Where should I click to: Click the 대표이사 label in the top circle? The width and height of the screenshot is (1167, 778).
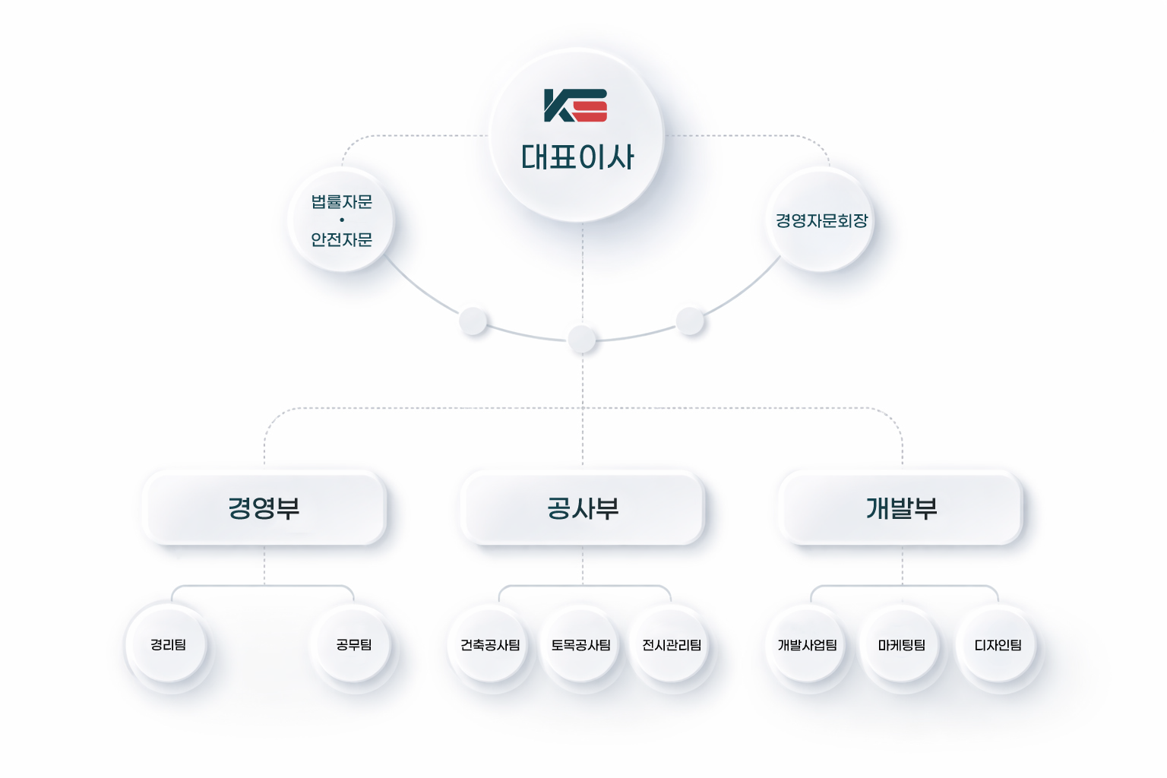(x=577, y=157)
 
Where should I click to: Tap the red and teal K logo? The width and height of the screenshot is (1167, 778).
(x=575, y=106)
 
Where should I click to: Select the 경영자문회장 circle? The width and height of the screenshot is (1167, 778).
(x=821, y=220)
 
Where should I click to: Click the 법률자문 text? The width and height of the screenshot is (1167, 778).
(x=342, y=202)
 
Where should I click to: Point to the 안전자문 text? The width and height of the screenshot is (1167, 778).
(x=342, y=239)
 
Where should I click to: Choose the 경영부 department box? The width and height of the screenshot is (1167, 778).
(x=264, y=508)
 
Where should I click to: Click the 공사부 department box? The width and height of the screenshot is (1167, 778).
(x=583, y=508)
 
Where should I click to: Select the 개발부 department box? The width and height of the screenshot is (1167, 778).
(x=901, y=508)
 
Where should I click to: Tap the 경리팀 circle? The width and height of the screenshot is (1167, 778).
(x=168, y=644)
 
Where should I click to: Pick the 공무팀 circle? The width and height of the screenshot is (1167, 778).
(x=354, y=644)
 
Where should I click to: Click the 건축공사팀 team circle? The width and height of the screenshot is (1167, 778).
(x=490, y=645)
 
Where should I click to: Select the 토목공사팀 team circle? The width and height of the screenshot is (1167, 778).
(x=581, y=645)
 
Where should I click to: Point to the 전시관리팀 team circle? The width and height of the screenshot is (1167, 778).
(x=672, y=645)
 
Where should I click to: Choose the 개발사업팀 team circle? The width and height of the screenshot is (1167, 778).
(x=807, y=645)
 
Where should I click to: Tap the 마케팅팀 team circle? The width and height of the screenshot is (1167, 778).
(x=902, y=645)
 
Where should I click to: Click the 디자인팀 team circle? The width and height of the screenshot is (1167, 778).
(x=998, y=645)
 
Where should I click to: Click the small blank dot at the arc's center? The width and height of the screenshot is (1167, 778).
(x=582, y=339)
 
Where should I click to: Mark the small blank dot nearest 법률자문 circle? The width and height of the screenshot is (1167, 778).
(x=473, y=321)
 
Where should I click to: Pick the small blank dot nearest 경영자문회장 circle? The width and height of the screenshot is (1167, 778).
(x=690, y=321)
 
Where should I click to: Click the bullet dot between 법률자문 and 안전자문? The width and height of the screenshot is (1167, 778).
(x=342, y=220)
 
